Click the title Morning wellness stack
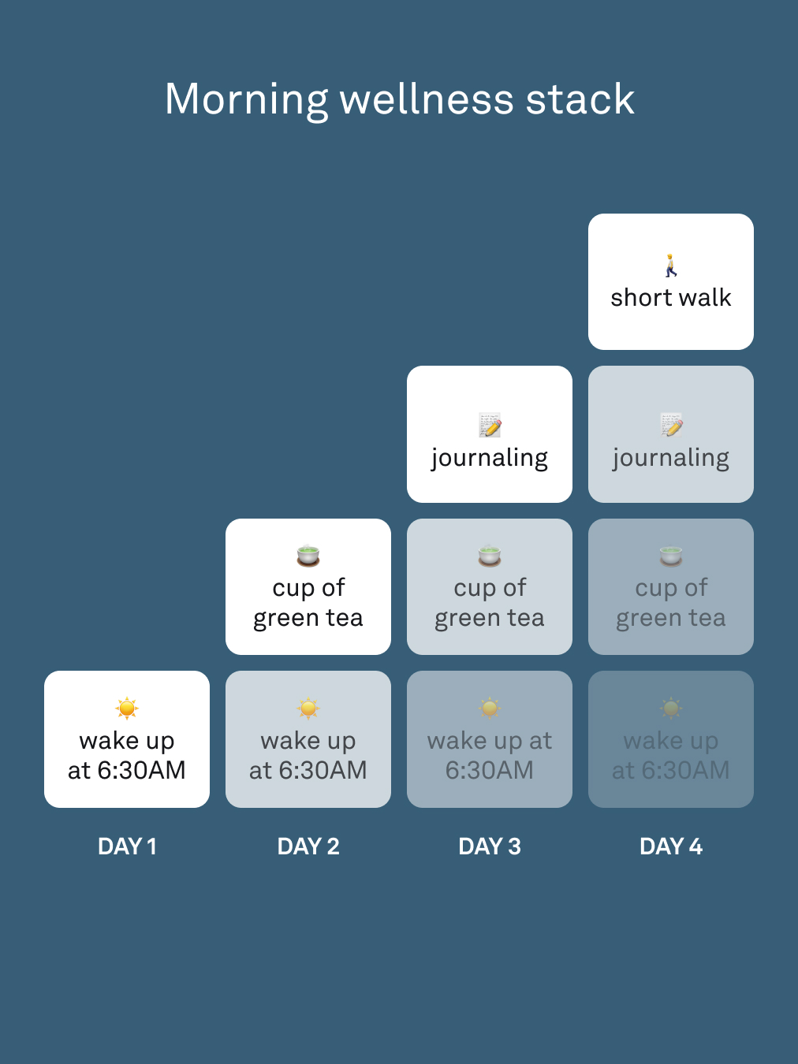coord(400,99)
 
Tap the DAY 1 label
coord(127,846)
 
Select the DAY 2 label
coord(308,846)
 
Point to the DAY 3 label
coord(490,846)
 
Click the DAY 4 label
coord(671,846)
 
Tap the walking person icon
coord(671,265)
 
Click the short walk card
coord(671,281)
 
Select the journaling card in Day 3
coord(490,434)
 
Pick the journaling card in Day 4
coord(671,434)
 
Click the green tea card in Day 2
coord(308,587)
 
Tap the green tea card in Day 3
coord(490,587)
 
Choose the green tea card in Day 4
coord(671,587)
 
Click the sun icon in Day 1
coord(127,709)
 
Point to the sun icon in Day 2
coord(308,709)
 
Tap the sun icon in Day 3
coord(490,709)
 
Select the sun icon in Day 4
coord(671,709)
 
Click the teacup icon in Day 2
coord(308,556)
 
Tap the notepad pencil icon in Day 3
coord(490,425)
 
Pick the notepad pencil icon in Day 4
coord(671,425)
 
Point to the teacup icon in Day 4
coord(671,556)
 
